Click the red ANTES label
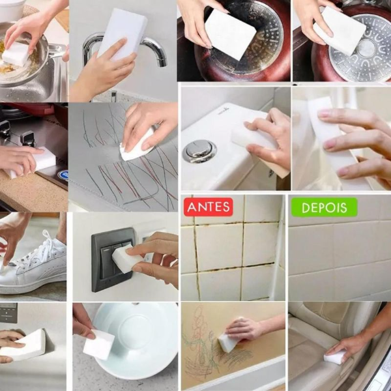(x=209, y=207)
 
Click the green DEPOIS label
(x=324, y=207)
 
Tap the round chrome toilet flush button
(x=199, y=151)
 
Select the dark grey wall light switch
(x=112, y=259)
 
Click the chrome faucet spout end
(x=162, y=62)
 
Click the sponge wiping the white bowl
(x=98, y=344)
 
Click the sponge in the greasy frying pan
(x=16, y=53)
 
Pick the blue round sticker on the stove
(x=64, y=174)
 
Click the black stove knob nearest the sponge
(x=28, y=139)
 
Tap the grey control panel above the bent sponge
(x=8, y=313)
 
